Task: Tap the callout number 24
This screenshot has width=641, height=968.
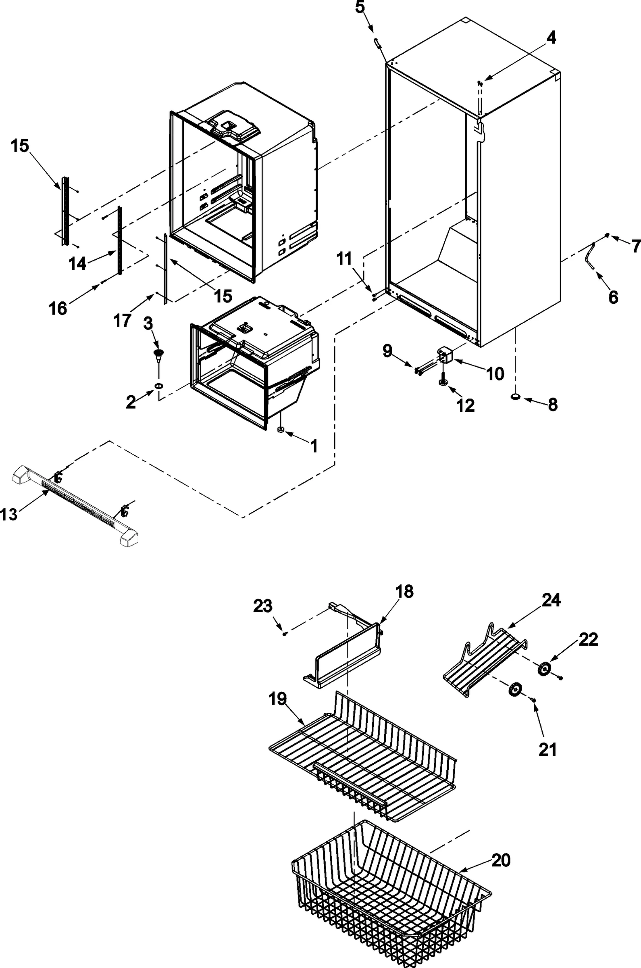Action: [552, 600]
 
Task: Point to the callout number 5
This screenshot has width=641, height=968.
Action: [360, 8]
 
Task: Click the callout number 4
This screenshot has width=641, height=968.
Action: [551, 38]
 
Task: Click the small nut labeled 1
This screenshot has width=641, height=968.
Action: [281, 430]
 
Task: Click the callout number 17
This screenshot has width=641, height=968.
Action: [122, 320]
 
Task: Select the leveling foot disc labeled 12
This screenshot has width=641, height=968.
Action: [443, 382]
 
